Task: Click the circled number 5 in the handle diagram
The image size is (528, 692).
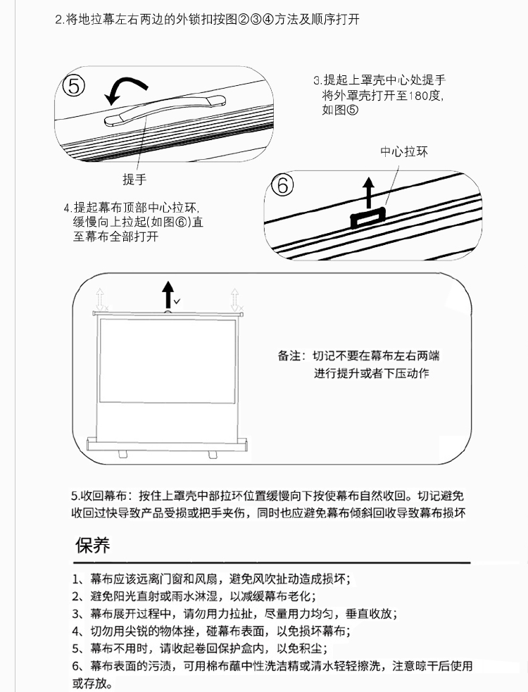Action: [x=74, y=86]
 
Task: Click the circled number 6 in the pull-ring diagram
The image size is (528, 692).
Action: [x=282, y=185]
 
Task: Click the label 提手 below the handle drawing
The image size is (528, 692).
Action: [x=134, y=180]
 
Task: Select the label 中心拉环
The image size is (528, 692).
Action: [x=404, y=152]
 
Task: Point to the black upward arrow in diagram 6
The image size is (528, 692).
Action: [x=369, y=193]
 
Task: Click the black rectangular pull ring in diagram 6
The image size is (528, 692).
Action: [x=368, y=218]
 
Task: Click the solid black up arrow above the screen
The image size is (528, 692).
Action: [x=168, y=295]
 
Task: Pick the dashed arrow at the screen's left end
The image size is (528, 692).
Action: [x=100, y=300]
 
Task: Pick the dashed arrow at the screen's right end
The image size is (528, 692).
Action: [x=235, y=300]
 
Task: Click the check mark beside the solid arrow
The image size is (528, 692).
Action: [x=177, y=301]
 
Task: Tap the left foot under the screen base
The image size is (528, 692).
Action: [x=123, y=454]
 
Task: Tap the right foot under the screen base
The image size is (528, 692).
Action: [x=213, y=454]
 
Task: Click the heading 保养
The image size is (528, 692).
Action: [x=92, y=546]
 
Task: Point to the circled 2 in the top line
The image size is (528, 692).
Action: [x=244, y=20]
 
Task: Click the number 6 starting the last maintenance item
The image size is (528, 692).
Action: [x=75, y=666]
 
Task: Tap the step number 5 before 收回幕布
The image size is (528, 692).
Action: [x=74, y=496]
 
